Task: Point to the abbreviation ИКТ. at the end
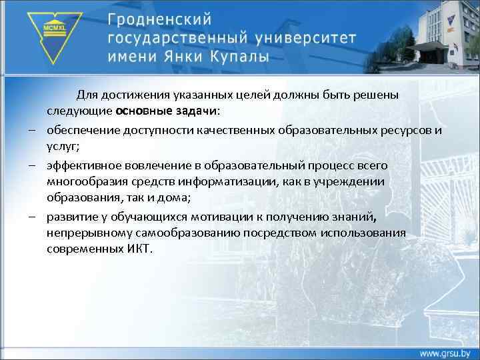[137, 249]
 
